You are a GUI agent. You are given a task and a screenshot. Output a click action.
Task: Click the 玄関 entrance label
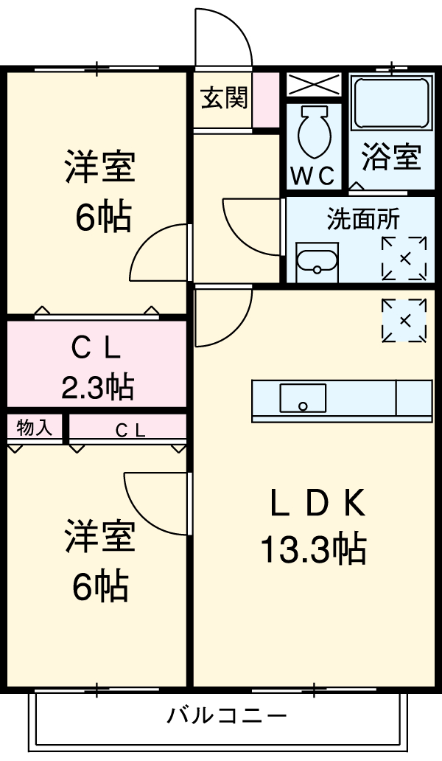pos(225,99)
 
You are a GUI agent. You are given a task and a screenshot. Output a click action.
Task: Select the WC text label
pos(313,176)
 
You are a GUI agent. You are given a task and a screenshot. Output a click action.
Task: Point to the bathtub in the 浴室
pos(391,103)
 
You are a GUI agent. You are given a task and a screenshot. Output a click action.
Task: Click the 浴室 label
pos(391,157)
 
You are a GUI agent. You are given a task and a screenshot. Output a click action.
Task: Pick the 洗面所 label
pos(362,220)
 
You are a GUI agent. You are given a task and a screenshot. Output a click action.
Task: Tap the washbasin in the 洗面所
pos(316,261)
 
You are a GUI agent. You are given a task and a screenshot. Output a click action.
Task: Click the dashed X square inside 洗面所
pos(404,258)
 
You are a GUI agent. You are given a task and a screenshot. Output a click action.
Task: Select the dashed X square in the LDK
pos(404,321)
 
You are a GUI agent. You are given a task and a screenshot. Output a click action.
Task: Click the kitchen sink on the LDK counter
pos(303,399)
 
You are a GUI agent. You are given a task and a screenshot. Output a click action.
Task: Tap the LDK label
pos(317,504)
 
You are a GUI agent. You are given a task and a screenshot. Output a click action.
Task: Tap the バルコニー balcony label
pos(225,715)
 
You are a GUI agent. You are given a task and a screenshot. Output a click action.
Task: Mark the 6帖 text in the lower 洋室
pos(100,587)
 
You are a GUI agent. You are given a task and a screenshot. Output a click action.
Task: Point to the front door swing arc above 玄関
pos(225,37)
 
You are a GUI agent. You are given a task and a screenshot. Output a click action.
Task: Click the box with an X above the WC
pos(313,85)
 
